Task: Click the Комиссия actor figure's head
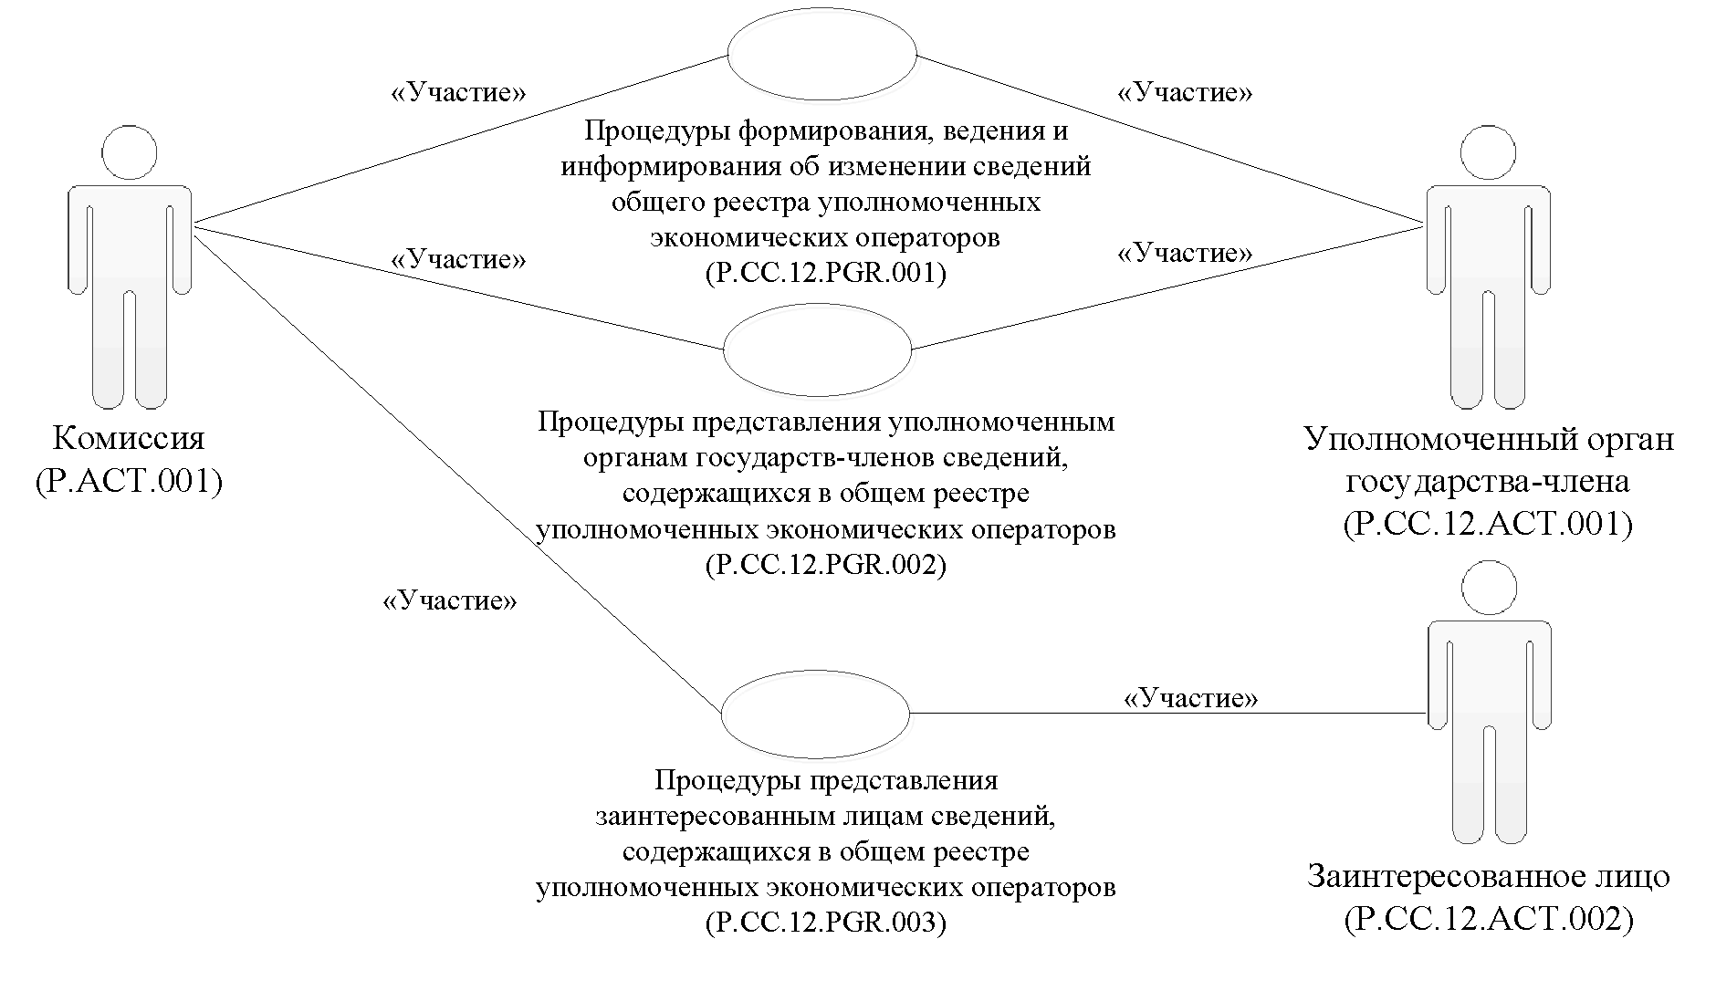[x=130, y=152]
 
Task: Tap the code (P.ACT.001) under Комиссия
[x=129, y=480]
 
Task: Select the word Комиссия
[x=129, y=439]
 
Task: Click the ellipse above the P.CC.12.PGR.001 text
[x=821, y=54]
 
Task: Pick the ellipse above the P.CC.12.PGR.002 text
[x=818, y=349]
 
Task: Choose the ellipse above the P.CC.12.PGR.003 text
[x=815, y=713]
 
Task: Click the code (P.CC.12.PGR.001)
[x=825, y=274]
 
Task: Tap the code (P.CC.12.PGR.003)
[x=825, y=923]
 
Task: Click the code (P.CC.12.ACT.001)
[x=1488, y=524]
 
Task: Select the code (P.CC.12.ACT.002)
[x=1488, y=918]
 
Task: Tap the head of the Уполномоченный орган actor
[x=1489, y=152]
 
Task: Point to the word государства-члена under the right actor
[x=1488, y=482]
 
